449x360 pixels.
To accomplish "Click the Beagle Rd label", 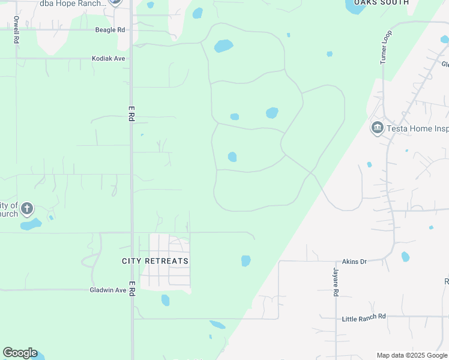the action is (x=110, y=29).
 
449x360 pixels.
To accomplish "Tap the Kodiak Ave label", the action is (x=108, y=59).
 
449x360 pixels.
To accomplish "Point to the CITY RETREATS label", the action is (x=155, y=261).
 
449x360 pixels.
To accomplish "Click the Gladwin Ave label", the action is (x=108, y=290).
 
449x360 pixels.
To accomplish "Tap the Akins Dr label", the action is (x=354, y=262).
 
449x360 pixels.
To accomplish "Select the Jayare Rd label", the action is (x=336, y=281).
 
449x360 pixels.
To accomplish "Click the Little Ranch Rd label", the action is (x=363, y=317).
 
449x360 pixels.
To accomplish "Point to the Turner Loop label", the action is (x=385, y=46).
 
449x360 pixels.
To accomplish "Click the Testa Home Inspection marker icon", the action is (x=377, y=128).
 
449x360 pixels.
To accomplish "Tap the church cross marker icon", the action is (x=26, y=209).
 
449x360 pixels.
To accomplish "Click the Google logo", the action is (x=20, y=353).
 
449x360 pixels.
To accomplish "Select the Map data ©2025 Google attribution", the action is (x=412, y=355).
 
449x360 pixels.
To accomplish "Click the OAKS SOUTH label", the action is (x=381, y=3).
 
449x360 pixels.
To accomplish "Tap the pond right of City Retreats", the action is (x=246, y=260).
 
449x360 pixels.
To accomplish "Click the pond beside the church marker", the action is (x=31, y=224).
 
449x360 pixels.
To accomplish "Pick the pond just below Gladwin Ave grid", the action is (x=165, y=300).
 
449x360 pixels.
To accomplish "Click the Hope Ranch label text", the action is (x=72, y=3).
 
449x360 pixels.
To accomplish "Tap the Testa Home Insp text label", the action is (x=417, y=128).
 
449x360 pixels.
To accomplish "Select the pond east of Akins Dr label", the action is (x=405, y=257).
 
